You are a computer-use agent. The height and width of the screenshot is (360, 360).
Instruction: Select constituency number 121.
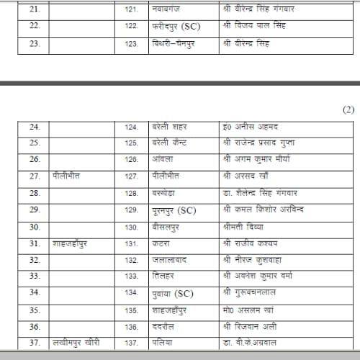(130, 9)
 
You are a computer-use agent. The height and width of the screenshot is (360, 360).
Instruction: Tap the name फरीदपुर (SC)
(174, 26)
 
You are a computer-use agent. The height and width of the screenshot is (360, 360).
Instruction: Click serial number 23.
(35, 43)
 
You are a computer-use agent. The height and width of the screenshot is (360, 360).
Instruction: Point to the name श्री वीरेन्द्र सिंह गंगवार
(260, 9)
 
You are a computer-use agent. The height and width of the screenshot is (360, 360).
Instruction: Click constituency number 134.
(130, 294)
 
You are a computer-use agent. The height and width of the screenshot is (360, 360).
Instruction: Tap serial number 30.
(35, 227)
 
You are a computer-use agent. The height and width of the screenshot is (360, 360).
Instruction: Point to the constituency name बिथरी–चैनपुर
(174, 43)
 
